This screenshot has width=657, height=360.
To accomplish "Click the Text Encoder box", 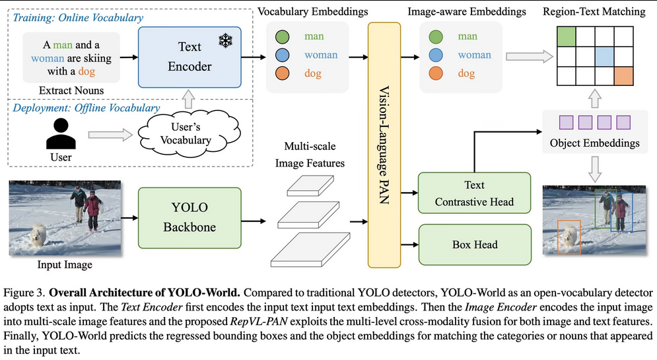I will click(x=190, y=57).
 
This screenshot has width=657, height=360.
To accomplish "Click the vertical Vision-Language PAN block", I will click(x=383, y=145).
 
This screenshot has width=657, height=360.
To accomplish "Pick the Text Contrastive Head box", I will click(x=473, y=194).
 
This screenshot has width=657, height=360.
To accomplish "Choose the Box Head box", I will click(x=474, y=245).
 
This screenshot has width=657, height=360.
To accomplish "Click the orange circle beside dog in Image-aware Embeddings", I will click(x=435, y=74).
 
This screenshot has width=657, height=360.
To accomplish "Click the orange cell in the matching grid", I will click(x=623, y=77).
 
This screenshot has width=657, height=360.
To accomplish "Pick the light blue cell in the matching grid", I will click(x=604, y=57).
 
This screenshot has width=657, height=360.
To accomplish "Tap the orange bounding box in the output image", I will click(x=567, y=236).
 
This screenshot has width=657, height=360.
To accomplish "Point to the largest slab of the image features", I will click(x=311, y=250).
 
